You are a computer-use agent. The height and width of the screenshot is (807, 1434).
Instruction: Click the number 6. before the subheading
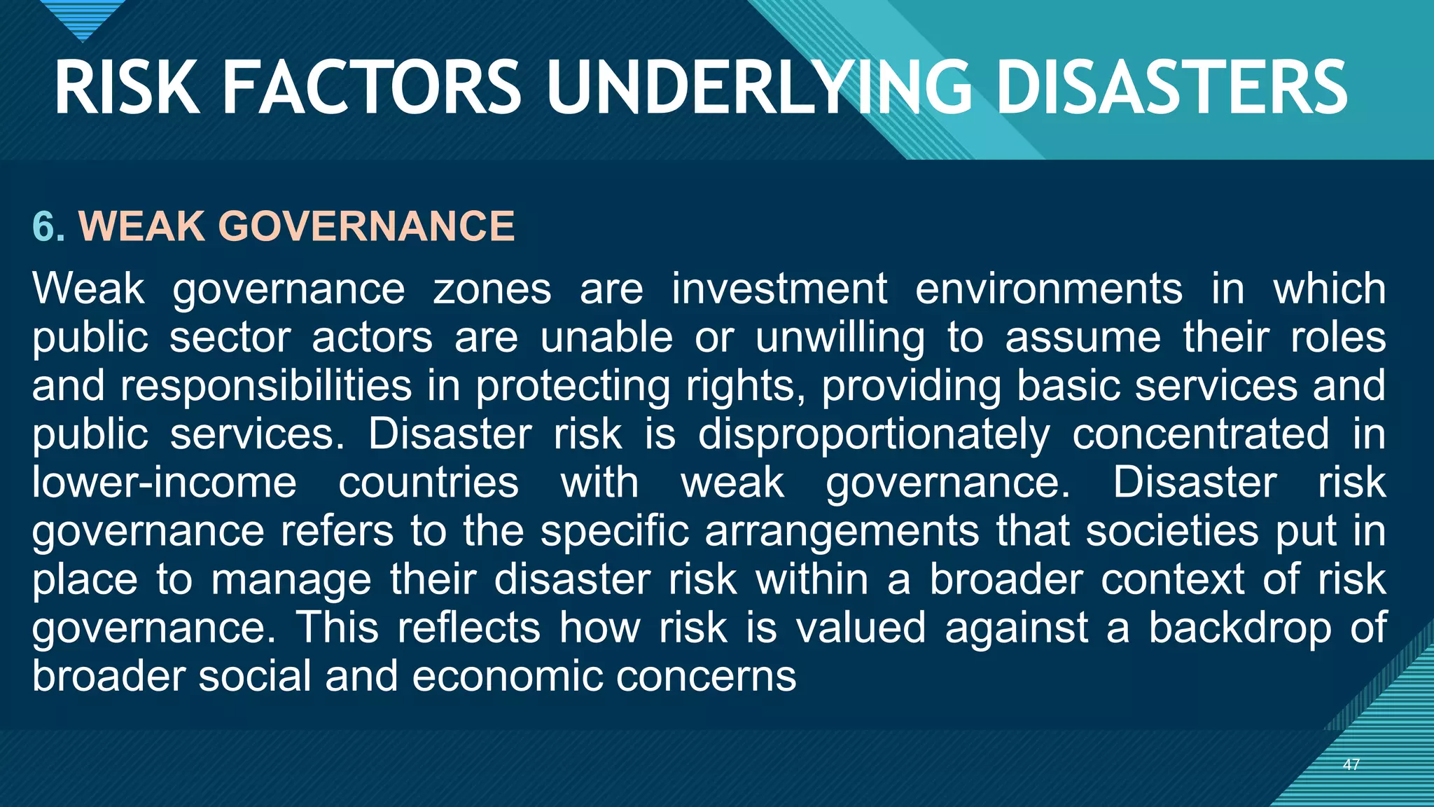point(49,226)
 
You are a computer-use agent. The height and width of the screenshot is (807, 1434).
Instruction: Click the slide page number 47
point(1351,764)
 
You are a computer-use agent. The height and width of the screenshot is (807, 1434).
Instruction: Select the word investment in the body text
point(779,289)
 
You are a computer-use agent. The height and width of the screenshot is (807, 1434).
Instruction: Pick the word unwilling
point(840,337)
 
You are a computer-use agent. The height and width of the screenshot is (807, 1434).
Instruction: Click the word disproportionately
point(874,434)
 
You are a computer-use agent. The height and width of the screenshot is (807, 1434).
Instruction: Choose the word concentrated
point(1200,434)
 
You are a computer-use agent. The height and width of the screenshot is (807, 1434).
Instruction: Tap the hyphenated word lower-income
point(165,482)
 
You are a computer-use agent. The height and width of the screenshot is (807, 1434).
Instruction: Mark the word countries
point(429,482)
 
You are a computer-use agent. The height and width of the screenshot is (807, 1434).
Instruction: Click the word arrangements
point(842,530)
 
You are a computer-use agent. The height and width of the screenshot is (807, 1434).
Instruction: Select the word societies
point(1172,530)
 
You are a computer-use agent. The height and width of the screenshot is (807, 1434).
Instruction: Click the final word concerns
point(706,676)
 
